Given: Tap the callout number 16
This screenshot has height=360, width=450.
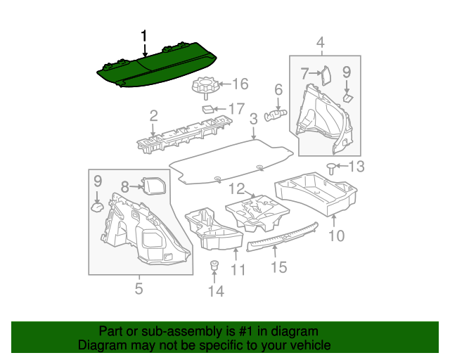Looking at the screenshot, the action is [240, 84].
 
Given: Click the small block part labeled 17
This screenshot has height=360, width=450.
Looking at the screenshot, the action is [208, 110].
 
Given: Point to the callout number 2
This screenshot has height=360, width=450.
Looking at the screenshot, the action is [154, 116].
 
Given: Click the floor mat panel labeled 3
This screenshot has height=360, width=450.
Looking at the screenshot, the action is [231, 161].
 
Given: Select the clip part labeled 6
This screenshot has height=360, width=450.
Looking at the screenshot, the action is [275, 115].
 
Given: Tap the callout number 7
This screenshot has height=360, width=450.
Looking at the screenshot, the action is [304, 73].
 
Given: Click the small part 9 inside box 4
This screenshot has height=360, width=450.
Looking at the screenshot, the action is [348, 98].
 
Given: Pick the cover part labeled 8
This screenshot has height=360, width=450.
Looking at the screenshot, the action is [154, 186].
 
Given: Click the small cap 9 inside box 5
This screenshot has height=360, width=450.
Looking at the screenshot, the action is [98, 207].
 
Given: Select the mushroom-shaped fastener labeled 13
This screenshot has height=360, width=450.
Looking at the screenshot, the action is [331, 168].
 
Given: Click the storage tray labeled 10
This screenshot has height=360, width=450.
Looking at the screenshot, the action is [316, 194].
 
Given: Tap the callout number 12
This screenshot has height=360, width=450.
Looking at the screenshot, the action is [237, 189].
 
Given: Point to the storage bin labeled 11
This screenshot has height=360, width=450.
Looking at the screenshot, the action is [214, 229].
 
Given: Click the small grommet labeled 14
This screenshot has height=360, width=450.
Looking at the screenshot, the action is [214, 265].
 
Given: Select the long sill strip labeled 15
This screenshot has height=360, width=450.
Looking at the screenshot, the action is [283, 236].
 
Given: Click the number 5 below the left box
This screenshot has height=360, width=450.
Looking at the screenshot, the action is [139, 288].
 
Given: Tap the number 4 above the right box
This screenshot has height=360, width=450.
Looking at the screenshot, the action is [321, 42].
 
